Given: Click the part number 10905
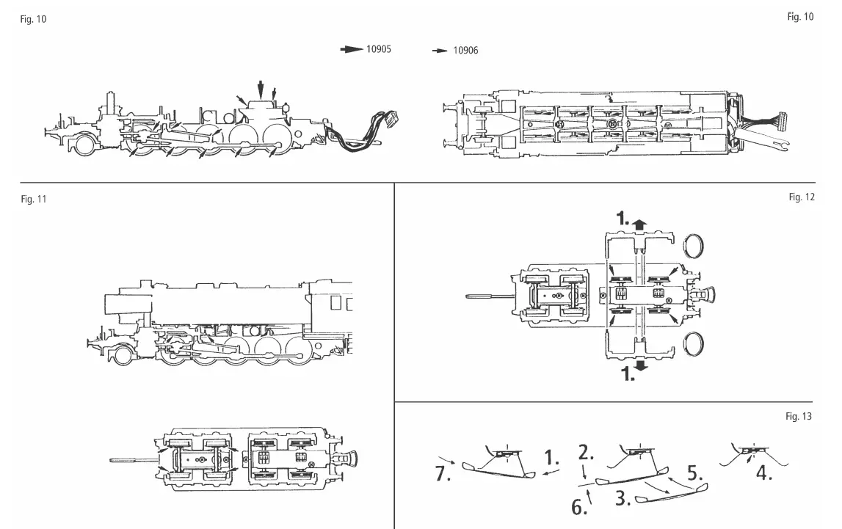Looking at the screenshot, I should click(379, 50).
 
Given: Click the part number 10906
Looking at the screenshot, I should click(465, 51).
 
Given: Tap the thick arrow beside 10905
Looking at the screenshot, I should click(352, 50).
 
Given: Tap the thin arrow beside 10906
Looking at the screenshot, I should click(440, 51).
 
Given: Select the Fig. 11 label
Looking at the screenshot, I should click(33, 199).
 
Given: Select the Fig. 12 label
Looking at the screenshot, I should click(801, 197).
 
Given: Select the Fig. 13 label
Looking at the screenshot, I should click(799, 417).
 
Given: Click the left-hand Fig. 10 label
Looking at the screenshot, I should click(33, 19).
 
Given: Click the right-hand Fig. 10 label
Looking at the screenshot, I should click(800, 17).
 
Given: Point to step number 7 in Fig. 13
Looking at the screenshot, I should click(442, 474).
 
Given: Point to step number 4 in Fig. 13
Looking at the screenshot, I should click(764, 473).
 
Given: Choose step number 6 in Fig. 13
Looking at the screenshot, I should click(579, 507).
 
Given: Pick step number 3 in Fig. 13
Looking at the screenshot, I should click(624, 500).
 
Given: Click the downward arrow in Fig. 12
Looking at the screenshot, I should click(641, 365).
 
